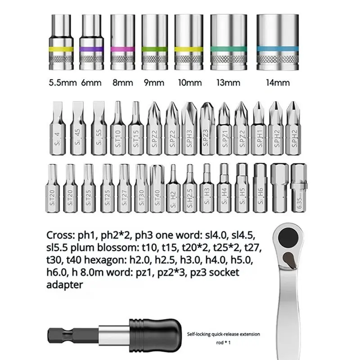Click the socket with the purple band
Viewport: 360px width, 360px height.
[x=92, y=42]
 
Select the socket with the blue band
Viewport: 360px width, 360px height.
[x=278, y=42]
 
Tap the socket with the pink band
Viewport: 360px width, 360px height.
[x=122, y=42]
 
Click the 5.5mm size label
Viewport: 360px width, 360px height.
[x=63, y=83]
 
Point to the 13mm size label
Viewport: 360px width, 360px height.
[x=228, y=83]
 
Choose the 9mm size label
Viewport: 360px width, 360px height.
[x=154, y=83]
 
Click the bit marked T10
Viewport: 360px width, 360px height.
[x=118, y=128]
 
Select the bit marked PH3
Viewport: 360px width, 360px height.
[x=189, y=128]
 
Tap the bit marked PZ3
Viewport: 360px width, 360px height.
[x=207, y=128]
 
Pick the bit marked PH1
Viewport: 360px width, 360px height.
[x=259, y=128]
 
